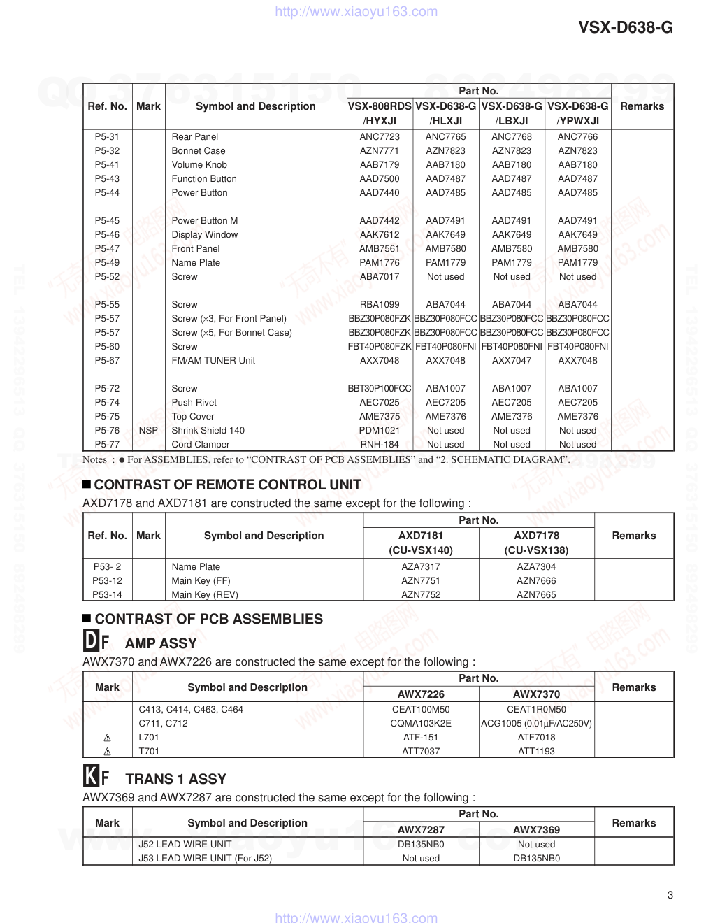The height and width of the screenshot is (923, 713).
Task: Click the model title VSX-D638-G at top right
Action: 626,27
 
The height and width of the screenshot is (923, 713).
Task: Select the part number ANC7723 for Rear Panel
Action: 380,137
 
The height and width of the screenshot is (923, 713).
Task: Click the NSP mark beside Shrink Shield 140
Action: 148,431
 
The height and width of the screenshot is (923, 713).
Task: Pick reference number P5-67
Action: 107,361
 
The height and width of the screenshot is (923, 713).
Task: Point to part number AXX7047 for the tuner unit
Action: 512,361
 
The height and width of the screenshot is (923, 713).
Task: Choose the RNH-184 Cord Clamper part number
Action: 380,445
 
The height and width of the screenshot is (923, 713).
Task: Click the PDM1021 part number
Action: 380,431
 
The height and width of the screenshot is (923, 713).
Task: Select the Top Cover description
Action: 193,417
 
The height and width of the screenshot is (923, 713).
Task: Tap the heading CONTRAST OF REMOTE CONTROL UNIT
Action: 228,485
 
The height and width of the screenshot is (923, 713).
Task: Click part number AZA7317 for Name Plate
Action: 421,567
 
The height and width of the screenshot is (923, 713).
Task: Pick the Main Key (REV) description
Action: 205,595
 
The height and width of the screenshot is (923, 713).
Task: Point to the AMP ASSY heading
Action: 161,643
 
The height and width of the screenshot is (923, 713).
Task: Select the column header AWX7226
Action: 421,694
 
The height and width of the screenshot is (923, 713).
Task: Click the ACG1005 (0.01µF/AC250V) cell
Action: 536,724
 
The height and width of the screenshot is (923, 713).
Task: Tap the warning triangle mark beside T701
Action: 107,752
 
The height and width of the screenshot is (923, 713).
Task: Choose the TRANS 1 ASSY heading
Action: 175,779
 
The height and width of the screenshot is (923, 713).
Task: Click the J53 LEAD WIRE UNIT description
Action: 205,859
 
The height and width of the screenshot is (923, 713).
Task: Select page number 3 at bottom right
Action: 670,895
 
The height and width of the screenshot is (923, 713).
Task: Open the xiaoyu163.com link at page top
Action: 356,12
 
